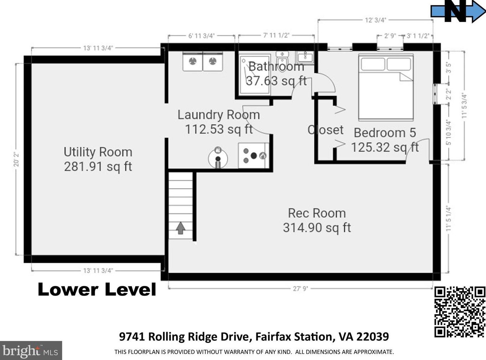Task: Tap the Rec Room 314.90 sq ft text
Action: click(x=317, y=221)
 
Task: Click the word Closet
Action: click(x=325, y=130)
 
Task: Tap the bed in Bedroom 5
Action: click(x=386, y=87)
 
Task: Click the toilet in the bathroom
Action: click(x=282, y=61)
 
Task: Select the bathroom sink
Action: click(x=305, y=57)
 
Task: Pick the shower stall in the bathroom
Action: click(x=255, y=74)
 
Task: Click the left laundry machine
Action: click(x=193, y=62)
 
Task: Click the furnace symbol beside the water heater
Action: click(x=254, y=155)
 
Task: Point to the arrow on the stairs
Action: click(x=181, y=228)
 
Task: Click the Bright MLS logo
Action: click(x=31, y=351)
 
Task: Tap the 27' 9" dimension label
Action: click(x=300, y=288)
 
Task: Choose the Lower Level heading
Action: click(x=97, y=290)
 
